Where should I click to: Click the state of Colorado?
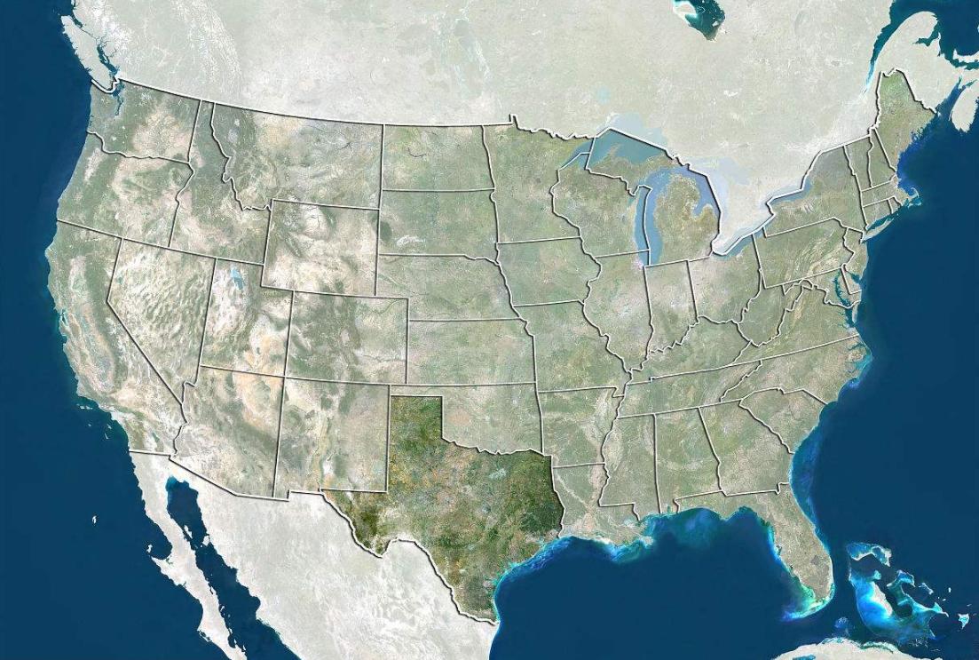346,338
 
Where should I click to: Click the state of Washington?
142,124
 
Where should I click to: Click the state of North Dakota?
435,155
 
